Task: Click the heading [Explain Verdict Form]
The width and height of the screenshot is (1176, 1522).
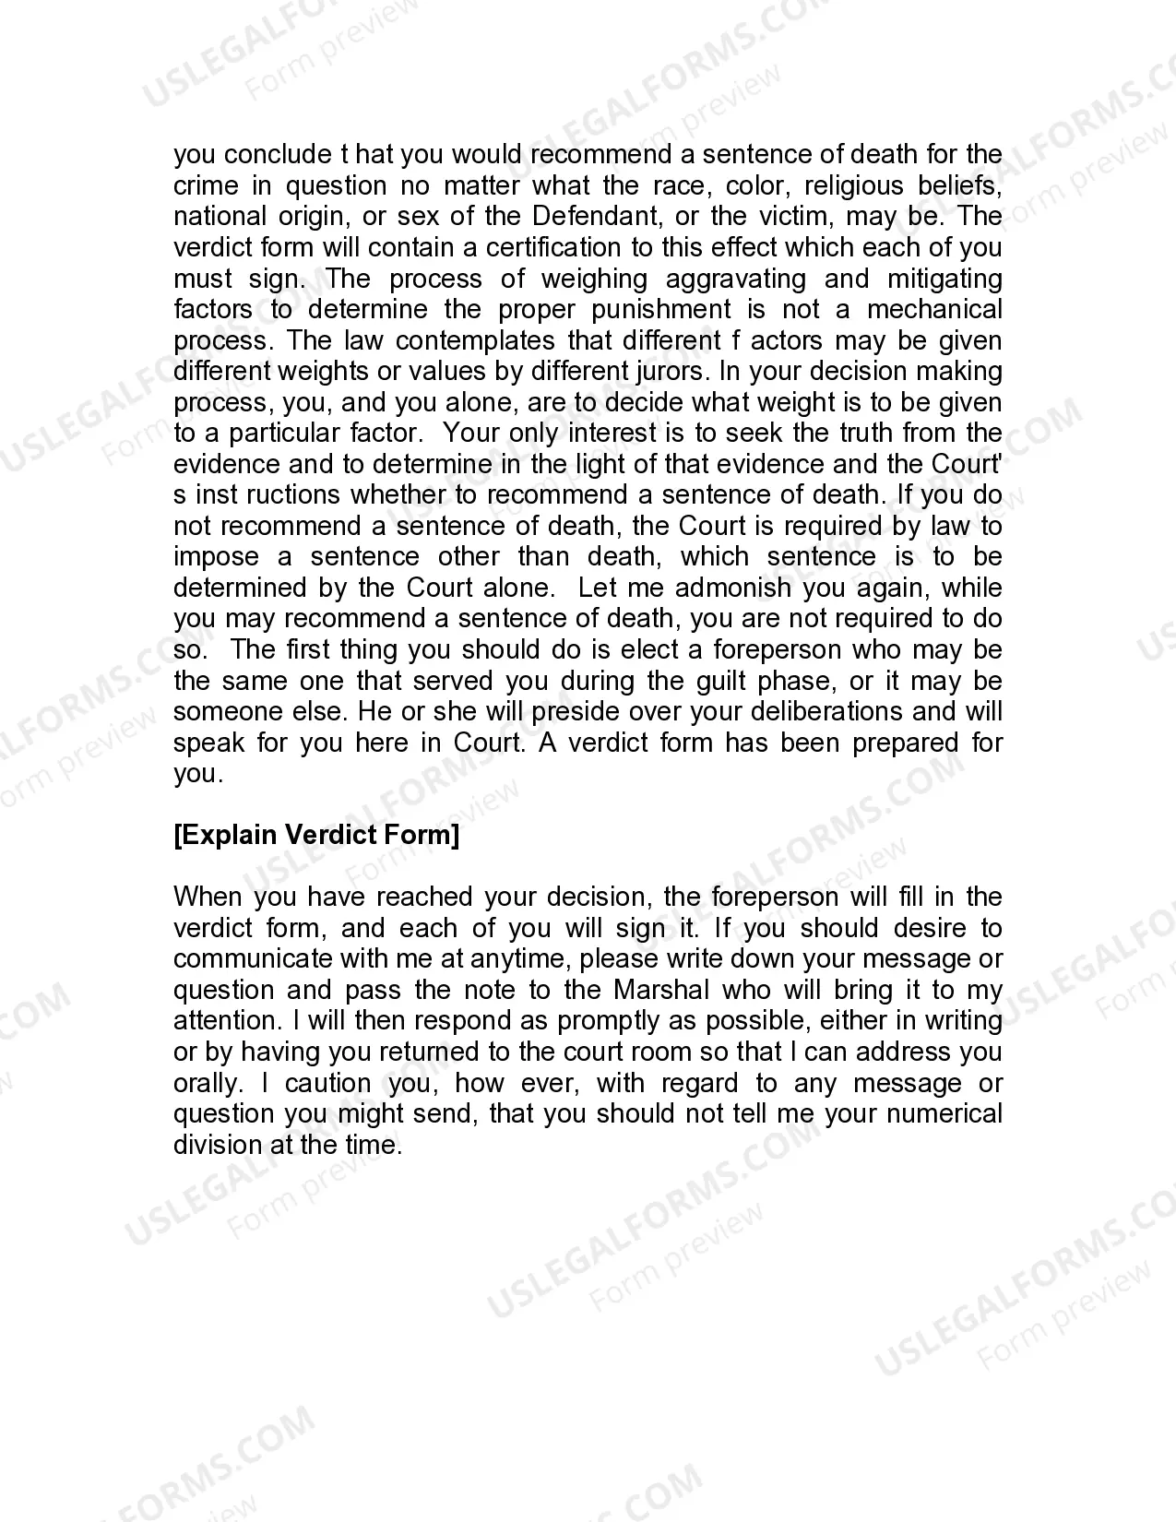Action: [316, 836]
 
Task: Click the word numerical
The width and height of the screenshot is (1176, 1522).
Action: [944, 1114]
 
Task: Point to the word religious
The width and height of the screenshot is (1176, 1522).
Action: [853, 186]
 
